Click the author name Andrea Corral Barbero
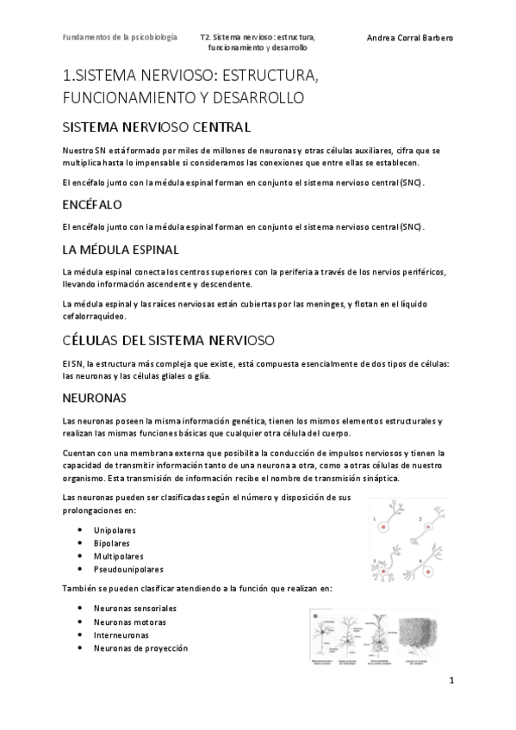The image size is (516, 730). point(409,39)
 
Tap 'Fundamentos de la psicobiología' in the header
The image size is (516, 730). point(121,38)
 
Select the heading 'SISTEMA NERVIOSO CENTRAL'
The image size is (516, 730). point(157,128)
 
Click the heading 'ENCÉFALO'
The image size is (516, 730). point(92,205)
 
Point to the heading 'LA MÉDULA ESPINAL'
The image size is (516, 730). point(121,250)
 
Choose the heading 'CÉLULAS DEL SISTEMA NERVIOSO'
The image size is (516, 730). point(169,339)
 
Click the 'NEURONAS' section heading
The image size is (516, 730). point(95,399)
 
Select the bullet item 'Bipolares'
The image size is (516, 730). point(112,543)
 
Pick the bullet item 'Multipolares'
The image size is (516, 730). point(116,556)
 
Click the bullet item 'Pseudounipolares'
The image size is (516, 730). point(128,569)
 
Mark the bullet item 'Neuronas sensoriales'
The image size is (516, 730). point(135,609)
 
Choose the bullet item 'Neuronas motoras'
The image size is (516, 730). point(130,622)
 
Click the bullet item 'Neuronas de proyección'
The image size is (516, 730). point(140,648)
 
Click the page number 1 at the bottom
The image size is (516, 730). point(451,680)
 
